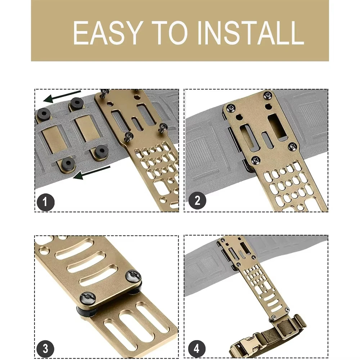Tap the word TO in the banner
[x=170, y=33]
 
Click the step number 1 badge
[x=45, y=201]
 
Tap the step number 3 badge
[x=45, y=348]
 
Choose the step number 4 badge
[x=197, y=348]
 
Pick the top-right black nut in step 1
[x=76, y=103]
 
